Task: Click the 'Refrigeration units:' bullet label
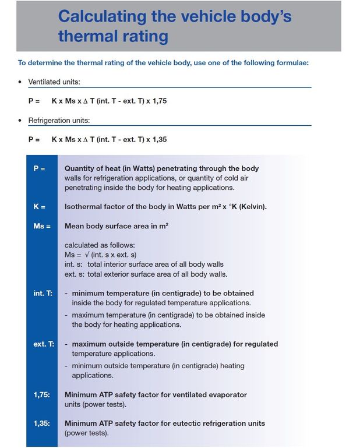(x=58, y=121)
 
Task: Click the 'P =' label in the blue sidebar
(x=39, y=168)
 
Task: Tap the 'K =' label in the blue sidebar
(x=39, y=206)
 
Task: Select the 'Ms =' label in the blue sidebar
(x=41, y=225)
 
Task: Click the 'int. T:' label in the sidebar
(x=43, y=293)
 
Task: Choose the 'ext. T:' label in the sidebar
(x=44, y=344)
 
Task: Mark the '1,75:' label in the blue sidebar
(x=42, y=395)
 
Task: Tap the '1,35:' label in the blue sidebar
(x=42, y=424)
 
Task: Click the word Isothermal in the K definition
(x=85, y=206)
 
